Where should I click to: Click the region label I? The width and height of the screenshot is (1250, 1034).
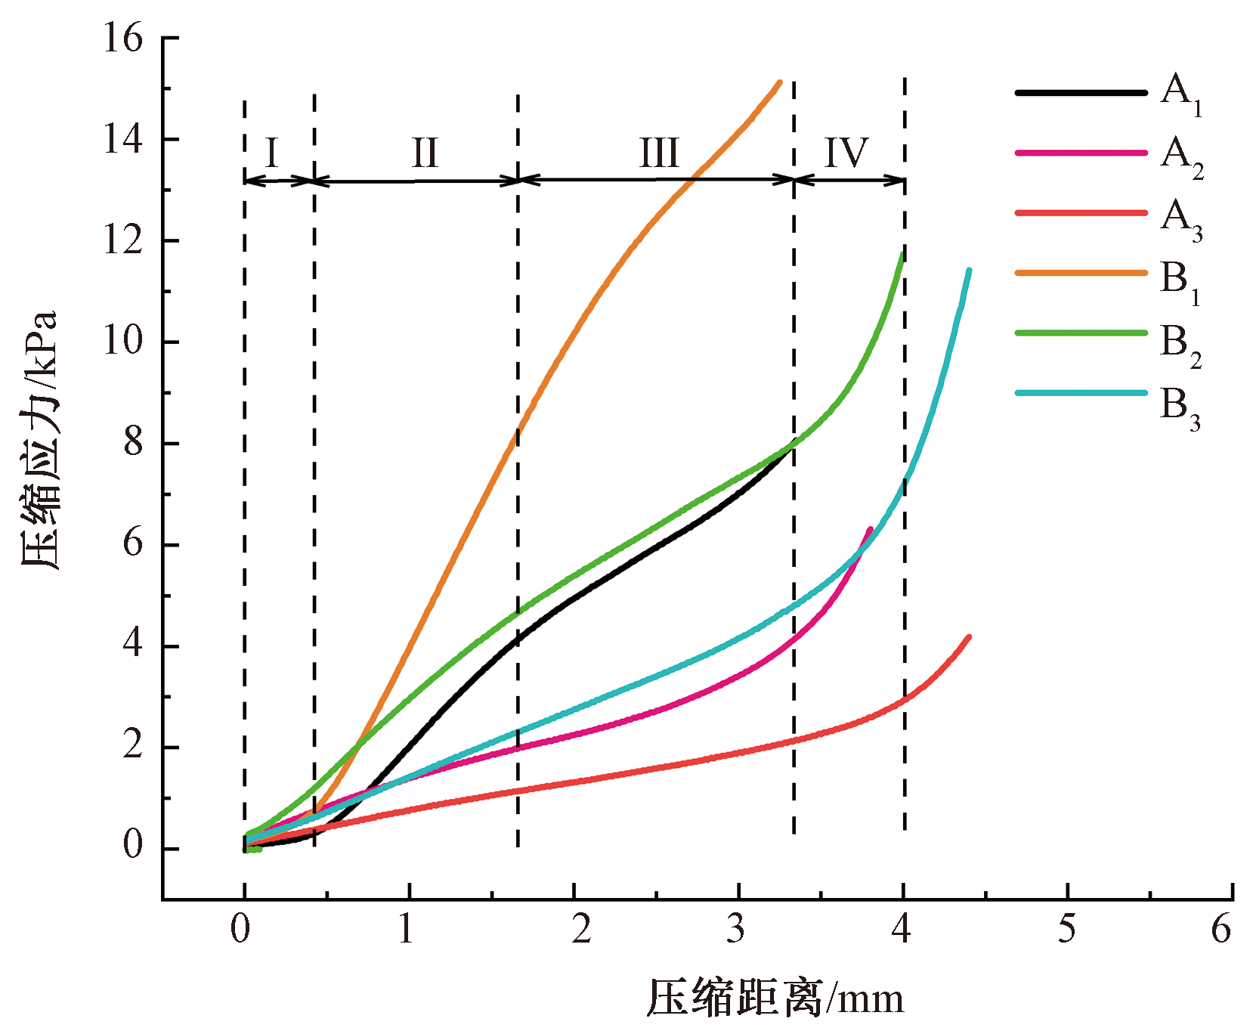272,153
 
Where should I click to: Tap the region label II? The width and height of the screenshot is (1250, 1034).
425,153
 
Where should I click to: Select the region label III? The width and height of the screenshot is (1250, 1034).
659,153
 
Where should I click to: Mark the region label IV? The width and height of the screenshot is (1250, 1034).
846,153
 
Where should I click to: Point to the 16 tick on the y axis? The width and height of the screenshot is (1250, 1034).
122,38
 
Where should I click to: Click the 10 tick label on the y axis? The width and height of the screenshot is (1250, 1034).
122,342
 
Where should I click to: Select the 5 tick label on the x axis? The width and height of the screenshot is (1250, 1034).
1066,929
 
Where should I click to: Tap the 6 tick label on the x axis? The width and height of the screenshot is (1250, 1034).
1221,929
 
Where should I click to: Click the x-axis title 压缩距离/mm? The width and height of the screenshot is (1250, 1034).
775,998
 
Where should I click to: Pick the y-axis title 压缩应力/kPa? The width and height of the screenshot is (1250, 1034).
39,440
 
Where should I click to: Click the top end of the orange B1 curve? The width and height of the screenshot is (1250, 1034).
779,82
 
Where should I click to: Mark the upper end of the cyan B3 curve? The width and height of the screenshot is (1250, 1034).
969,270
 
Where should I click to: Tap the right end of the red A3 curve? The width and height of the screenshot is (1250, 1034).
969,637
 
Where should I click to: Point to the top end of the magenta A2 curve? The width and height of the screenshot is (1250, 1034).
871,529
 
